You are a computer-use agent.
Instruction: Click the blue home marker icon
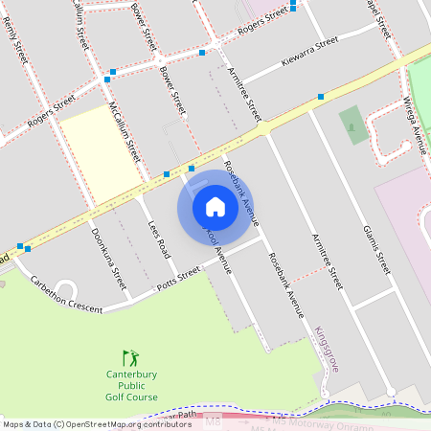coord(215,207)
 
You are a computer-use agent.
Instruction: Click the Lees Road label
coord(159,238)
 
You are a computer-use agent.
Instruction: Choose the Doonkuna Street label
coord(108,258)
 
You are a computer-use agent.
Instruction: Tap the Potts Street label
coord(178,279)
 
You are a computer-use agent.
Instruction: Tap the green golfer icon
coord(131,357)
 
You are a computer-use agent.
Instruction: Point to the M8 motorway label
coord(213,420)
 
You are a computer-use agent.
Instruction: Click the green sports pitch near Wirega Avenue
coord(352,125)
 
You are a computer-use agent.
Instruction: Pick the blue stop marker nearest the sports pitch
coord(320,97)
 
